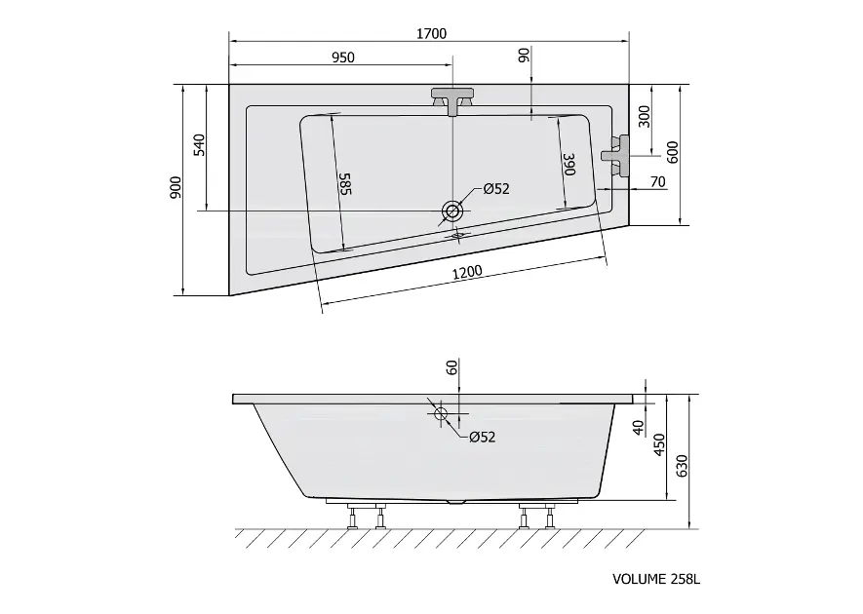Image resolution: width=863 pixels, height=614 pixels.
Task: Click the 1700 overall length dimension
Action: pyautogui.click(x=431, y=33)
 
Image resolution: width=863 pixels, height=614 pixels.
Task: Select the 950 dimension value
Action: pyautogui.click(x=343, y=58)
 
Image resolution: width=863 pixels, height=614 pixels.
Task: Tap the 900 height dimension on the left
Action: pyautogui.click(x=176, y=187)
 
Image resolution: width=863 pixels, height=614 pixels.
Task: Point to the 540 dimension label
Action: pyautogui.click(x=199, y=144)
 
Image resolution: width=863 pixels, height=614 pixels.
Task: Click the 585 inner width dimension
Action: pyautogui.click(x=344, y=184)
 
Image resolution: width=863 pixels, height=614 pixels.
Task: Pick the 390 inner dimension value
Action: pyautogui.click(x=569, y=165)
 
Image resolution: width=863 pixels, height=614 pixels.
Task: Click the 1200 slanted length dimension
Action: pyautogui.click(x=467, y=272)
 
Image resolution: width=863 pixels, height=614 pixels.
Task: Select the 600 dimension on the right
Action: pyautogui.click(x=673, y=152)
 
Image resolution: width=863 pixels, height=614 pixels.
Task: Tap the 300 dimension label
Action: pyautogui.click(x=644, y=116)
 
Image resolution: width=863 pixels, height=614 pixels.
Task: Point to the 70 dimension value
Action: pyautogui.click(x=657, y=181)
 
